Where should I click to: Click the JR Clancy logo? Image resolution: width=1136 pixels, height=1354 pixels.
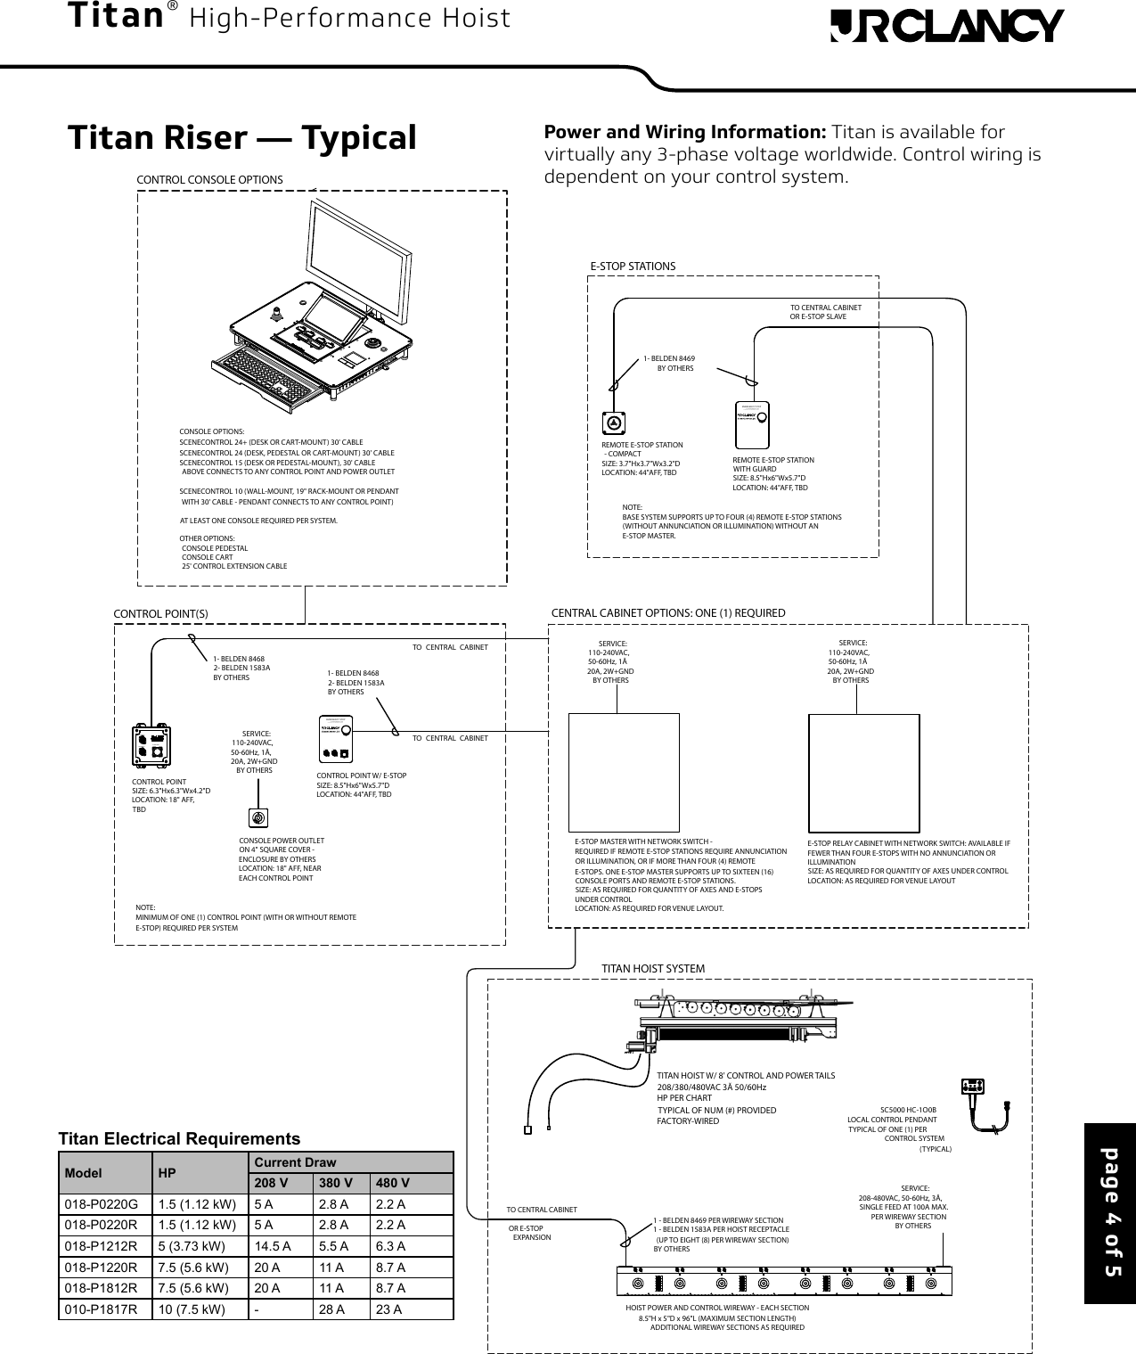click(x=946, y=26)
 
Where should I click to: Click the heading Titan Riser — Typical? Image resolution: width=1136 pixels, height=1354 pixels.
click(x=242, y=138)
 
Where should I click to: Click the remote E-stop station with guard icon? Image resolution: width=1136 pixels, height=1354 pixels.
click(x=752, y=425)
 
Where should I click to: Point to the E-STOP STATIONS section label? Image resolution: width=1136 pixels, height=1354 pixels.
click(x=633, y=267)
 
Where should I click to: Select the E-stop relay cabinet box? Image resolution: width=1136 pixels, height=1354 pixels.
click(x=862, y=770)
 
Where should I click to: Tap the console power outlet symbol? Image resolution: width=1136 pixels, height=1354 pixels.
click(x=257, y=817)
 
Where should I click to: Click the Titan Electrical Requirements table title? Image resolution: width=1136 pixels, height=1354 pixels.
click(x=179, y=1139)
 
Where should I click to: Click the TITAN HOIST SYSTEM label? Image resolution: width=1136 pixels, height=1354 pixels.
click(x=653, y=968)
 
